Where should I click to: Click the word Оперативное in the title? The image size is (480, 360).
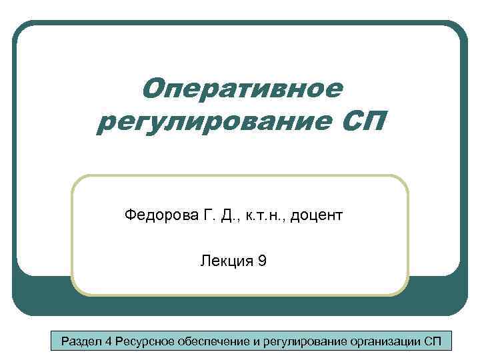coord(243,87)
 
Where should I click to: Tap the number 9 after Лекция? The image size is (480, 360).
coord(262,261)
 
